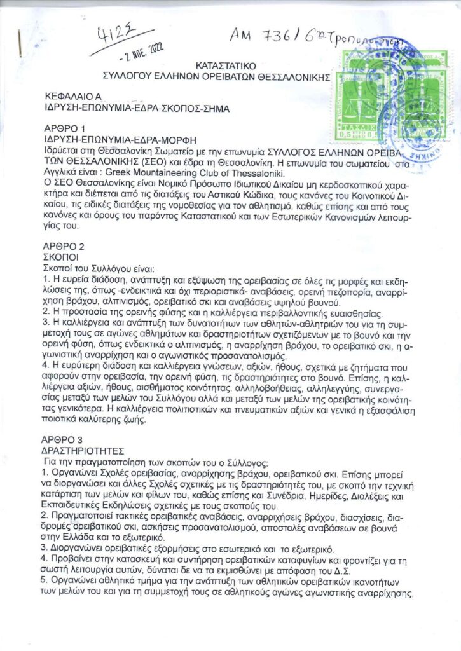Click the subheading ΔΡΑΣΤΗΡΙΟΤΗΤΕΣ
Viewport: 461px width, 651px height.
click(82, 448)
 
